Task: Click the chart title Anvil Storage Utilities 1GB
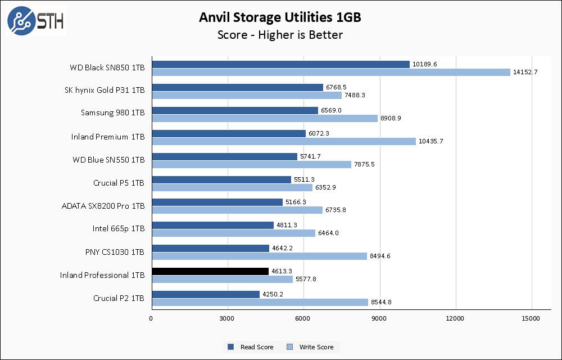pyautogui.click(x=280, y=17)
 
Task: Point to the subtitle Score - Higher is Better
pyautogui.click(x=280, y=35)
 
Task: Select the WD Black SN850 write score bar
pyautogui.click(x=331, y=72)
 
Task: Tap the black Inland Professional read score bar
pyautogui.click(x=210, y=271)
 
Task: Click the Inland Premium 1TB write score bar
pyautogui.click(x=284, y=141)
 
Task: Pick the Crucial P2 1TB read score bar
pyautogui.click(x=206, y=294)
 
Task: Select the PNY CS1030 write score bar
pyautogui.click(x=259, y=256)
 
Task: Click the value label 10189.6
pyautogui.click(x=424, y=64)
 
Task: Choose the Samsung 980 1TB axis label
pyautogui.click(x=112, y=114)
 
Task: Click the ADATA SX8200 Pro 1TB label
pyautogui.click(x=103, y=206)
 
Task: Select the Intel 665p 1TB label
pyautogui.click(x=119, y=229)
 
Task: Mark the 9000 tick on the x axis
pyautogui.click(x=379, y=319)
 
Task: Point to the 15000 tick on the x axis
pyautogui.click(x=531, y=319)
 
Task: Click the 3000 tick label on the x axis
pyautogui.click(x=228, y=319)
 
